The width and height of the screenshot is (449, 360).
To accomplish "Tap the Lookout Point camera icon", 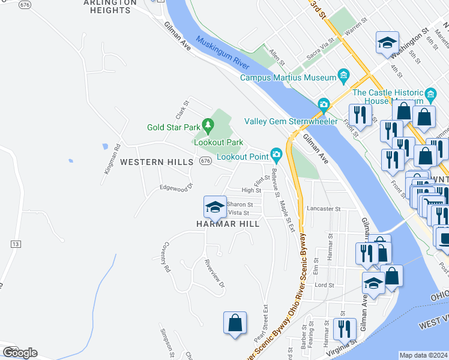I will point(276,155).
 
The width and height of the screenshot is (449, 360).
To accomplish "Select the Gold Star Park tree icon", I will point(208,125).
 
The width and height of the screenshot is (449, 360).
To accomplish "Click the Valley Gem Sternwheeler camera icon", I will point(324,105).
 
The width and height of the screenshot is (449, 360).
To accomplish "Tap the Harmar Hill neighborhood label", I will point(228,224).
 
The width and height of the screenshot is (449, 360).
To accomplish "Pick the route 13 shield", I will point(16,244).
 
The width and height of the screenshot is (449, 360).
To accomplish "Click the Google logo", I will point(20,352).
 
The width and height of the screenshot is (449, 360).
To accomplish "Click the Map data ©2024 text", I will point(424,355).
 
